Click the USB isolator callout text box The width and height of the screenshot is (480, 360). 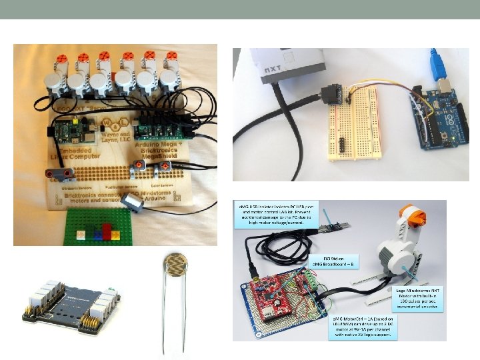point(275,217)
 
